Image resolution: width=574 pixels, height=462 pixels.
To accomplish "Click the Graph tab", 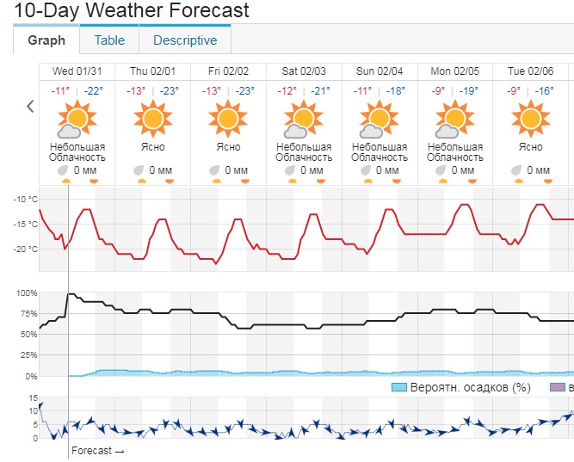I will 46,40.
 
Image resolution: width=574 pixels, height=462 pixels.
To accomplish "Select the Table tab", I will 109,40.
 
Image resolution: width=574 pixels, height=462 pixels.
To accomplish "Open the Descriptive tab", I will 185,40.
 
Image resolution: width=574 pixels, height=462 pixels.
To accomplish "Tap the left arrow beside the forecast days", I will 30,107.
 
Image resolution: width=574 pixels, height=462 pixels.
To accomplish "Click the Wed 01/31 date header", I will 77,71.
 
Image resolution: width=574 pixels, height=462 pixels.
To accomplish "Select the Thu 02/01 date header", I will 152,71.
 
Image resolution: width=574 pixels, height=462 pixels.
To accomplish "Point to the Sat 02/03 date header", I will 304,71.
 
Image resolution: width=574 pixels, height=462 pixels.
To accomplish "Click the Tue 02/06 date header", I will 531,71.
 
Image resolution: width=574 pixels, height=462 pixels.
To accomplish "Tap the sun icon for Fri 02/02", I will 229,117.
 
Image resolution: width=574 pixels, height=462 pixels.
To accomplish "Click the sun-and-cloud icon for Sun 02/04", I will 379,119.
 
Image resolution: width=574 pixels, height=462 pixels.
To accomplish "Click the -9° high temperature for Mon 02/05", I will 439,91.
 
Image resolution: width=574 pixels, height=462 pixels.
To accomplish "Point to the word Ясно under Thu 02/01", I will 153,147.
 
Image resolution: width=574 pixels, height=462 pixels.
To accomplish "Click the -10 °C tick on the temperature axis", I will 26,199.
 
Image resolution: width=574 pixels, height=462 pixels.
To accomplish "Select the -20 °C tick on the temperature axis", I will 26,249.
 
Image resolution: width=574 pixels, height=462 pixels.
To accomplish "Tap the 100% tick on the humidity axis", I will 26,293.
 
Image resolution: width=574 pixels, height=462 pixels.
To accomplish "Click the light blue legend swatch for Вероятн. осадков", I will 398,387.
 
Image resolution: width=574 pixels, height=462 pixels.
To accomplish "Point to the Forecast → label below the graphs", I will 97,451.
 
